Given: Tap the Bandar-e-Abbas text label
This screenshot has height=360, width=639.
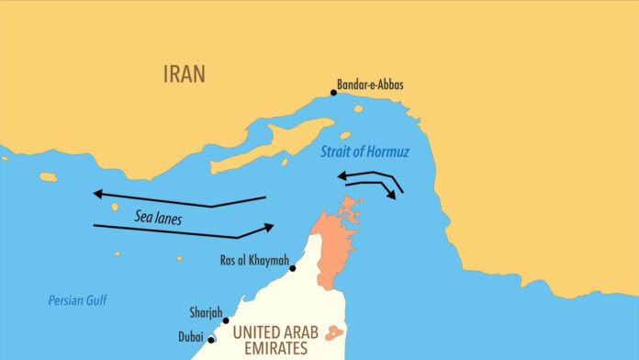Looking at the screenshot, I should (371, 85).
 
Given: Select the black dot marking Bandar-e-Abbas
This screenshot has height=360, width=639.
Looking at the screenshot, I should (333, 93).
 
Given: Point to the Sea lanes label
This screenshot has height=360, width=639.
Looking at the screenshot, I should (159, 219).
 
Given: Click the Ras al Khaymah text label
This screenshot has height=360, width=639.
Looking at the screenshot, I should (252, 260).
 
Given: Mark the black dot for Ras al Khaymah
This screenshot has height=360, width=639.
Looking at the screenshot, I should (293, 268).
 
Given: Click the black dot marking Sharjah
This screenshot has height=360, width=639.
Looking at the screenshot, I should (226, 321).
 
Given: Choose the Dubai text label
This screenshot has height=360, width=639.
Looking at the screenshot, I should (190, 336).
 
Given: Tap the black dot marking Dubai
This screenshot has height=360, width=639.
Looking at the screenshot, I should (211, 340).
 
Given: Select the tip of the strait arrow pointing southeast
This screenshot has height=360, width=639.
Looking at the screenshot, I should (394, 196).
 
